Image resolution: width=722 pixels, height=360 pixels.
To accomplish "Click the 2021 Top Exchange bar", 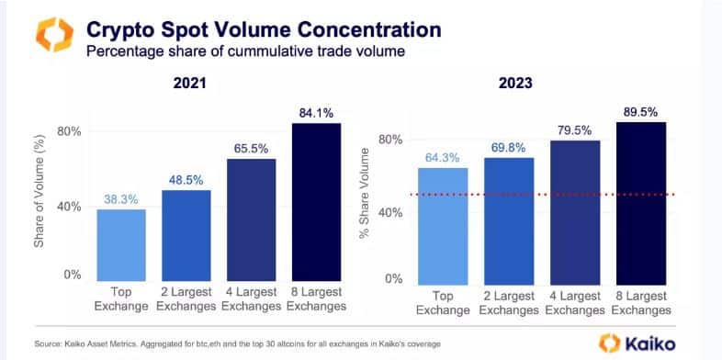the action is click(x=121, y=245).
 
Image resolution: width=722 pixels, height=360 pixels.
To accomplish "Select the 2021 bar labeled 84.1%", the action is click(x=316, y=202).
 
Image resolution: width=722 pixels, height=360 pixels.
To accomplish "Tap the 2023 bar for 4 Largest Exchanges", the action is click(x=575, y=213).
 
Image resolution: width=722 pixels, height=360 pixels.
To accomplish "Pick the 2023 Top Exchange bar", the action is click(x=443, y=227).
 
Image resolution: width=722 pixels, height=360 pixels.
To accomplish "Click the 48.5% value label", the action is click(x=186, y=181).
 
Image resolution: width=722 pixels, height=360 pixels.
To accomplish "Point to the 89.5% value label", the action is click(x=640, y=112).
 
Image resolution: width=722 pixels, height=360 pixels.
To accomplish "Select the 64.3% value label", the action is click(x=442, y=157).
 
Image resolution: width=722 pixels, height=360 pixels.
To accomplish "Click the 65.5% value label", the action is click(x=251, y=149).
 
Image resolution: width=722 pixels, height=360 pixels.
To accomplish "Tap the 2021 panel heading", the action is click(x=190, y=84).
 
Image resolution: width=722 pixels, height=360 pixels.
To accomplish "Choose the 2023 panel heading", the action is click(x=515, y=84).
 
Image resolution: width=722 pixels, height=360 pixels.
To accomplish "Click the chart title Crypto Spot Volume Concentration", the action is click(x=264, y=30).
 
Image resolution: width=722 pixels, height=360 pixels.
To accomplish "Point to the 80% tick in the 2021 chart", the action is click(x=70, y=131).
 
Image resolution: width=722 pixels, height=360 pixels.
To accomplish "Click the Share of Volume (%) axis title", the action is click(x=39, y=191).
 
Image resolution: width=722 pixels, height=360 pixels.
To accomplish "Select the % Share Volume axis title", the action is click(x=365, y=194).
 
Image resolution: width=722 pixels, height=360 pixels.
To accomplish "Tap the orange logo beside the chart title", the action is click(x=54, y=35).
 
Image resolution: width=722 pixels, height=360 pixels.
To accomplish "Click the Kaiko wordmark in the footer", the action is click(x=650, y=343).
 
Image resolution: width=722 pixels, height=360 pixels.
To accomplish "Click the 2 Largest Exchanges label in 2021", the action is click(x=186, y=299).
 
